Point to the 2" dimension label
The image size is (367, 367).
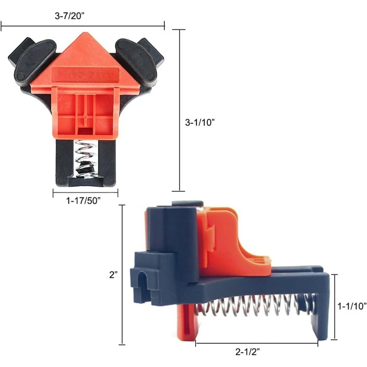point(113,274)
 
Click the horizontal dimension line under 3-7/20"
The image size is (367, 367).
point(83,27)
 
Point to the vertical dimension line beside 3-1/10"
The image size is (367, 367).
point(178,110)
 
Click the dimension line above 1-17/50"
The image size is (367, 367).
point(85,193)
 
